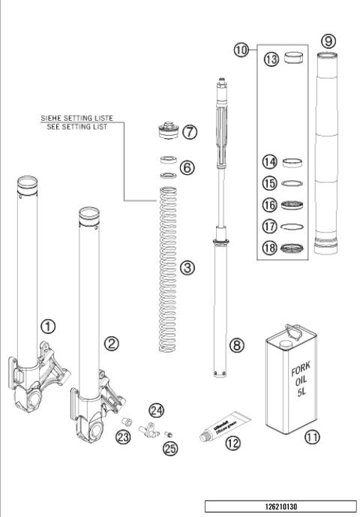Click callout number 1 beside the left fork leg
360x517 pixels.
[x=47, y=326]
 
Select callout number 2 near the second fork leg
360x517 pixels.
[x=112, y=344]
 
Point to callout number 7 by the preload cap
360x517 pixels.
[x=189, y=132]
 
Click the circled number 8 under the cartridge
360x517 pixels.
[x=236, y=346]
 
